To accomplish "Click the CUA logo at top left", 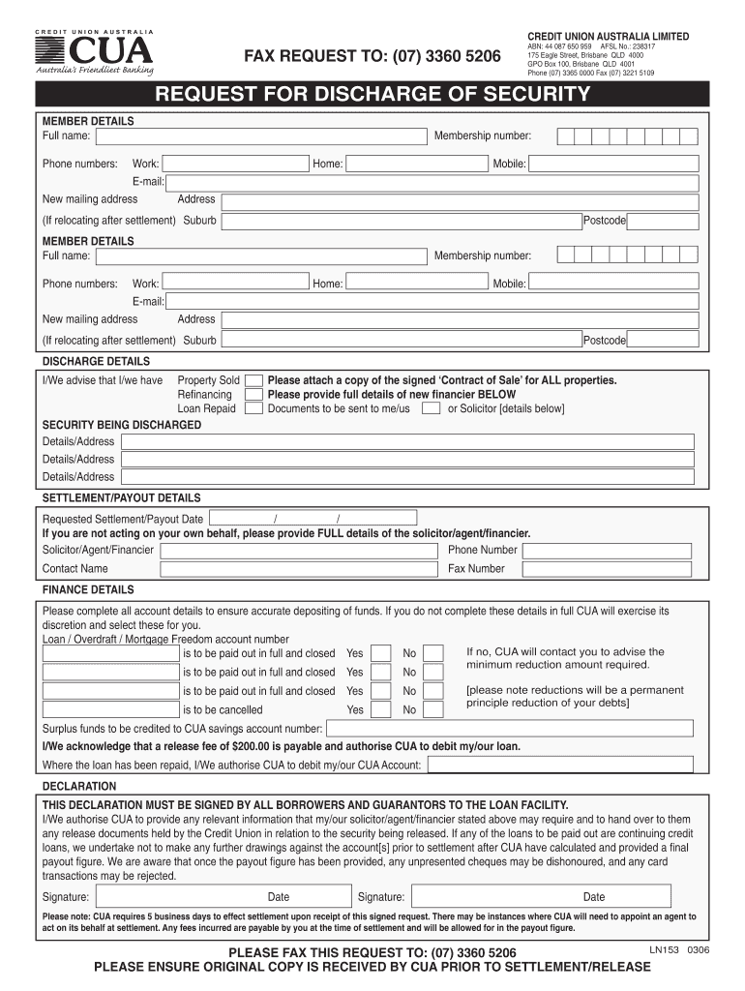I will click(94, 54).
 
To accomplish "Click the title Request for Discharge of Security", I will click(372, 94).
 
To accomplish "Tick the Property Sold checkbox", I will click(253, 380).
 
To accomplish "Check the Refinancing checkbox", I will click(253, 395).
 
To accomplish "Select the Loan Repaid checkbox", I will click(253, 408).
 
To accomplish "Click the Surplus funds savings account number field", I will click(509, 729).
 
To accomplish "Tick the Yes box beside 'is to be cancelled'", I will click(381, 709).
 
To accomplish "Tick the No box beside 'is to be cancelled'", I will click(433, 709).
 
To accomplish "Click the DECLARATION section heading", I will click(80, 787).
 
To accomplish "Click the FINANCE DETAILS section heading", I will click(88, 589).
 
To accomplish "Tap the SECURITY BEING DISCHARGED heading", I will click(122, 425).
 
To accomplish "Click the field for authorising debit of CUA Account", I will click(560, 765).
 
